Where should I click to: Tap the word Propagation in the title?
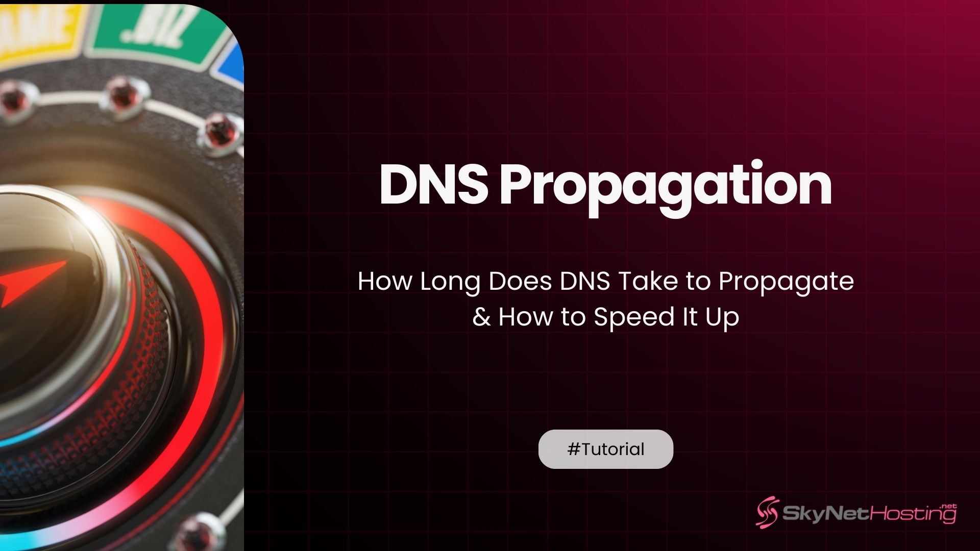(x=665, y=186)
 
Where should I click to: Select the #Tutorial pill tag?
(x=605, y=449)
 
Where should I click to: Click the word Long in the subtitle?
(x=450, y=282)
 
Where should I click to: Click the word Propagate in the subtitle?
(x=786, y=282)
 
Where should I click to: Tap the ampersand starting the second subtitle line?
(x=481, y=317)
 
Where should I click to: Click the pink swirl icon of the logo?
(x=767, y=512)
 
